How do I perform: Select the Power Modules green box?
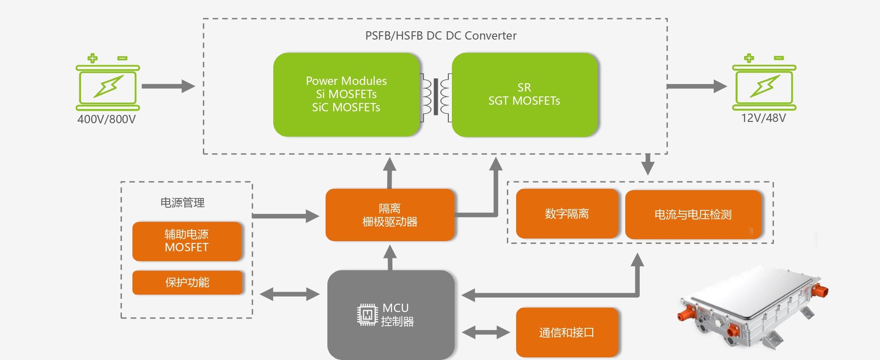346,95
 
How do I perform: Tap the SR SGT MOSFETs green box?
524,95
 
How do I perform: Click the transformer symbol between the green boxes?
436,97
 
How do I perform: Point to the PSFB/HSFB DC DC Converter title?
441,36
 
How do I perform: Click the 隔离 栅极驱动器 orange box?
390,215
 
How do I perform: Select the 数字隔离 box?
567,214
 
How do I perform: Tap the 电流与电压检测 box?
693,214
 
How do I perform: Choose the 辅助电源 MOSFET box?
187,241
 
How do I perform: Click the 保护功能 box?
187,283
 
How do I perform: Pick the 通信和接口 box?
567,332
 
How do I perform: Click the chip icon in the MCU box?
367,315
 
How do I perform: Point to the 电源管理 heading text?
183,202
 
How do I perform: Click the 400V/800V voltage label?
106,119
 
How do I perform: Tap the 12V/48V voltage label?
763,118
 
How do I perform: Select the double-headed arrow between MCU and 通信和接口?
486,332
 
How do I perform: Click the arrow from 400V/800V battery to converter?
168,86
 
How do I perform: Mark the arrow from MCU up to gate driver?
390,257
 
